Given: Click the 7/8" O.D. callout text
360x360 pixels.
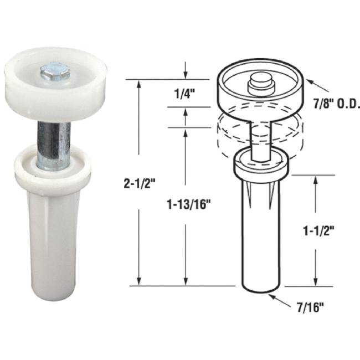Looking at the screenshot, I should point(337,103).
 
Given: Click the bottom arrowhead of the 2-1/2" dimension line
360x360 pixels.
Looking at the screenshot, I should point(139,281).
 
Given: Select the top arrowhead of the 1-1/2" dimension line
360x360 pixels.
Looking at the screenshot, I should point(316,180).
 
